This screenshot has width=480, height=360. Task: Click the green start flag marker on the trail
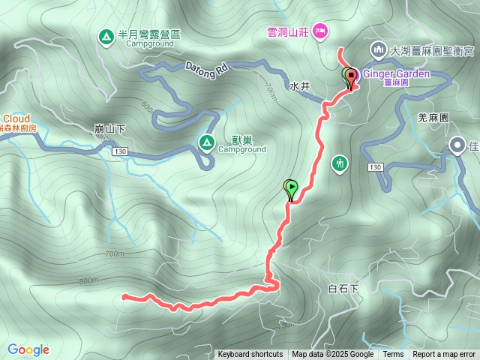[x=290, y=187]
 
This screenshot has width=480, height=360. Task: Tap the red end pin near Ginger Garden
[x=351, y=77]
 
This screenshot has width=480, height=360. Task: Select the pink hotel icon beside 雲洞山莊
[x=321, y=31]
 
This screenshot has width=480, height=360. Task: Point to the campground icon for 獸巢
[x=205, y=142]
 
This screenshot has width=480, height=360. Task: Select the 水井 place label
[x=299, y=86]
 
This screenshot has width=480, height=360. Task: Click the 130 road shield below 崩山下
[x=120, y=151]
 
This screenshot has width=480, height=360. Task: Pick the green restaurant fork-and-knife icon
[x=340, y=163]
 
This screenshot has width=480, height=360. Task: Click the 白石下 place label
[x=344, y=289]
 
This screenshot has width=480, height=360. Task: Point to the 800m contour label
[x=88, y=280]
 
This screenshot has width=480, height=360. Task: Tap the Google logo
[x=28, y=349]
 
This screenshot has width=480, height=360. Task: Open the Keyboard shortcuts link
[x=250, y=355]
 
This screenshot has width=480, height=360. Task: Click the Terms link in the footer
[x=393, y=355]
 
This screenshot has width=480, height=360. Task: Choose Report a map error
[x=444, y=355]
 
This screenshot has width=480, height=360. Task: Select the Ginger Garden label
[x=396, y=74]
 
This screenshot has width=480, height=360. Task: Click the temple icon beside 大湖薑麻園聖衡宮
[x=377, y=50]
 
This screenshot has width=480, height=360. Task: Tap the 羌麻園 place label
[x=432, y=118]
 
